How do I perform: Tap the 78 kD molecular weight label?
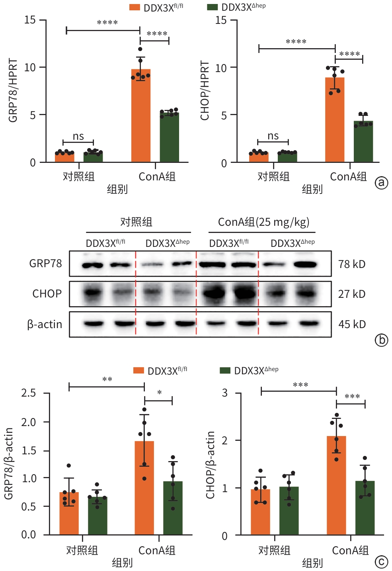click(352, 264)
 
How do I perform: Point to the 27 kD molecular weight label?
click(352, 294)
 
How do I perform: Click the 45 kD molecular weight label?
click(352, 324)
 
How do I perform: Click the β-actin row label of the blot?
click(45, 325)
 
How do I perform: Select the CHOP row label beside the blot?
click(47, 294)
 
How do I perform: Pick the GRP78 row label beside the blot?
click(46, 264)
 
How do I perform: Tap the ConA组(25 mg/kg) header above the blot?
click(263, 222)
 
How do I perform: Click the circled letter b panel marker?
click(381, 340)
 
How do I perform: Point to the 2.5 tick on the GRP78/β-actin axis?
click(29, 393)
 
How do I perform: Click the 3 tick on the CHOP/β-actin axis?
click(225, 393)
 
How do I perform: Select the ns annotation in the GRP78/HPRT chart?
click(78, 137)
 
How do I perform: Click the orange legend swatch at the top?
click(135, 7)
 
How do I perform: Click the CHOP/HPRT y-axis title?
click(205, 91)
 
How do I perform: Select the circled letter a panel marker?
click(381, 183)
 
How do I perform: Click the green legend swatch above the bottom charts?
click(225, 371)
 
